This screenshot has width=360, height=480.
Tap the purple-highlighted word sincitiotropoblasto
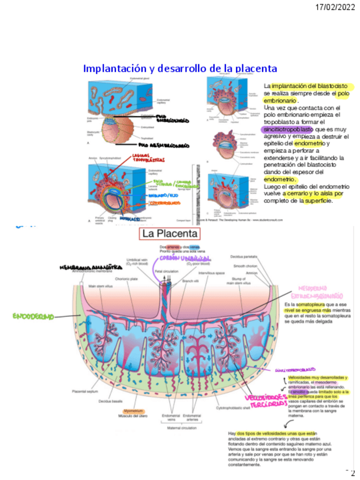click(287, 129)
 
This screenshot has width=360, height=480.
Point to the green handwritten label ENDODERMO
click(35, 316)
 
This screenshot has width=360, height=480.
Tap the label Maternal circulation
click(181, 428)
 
